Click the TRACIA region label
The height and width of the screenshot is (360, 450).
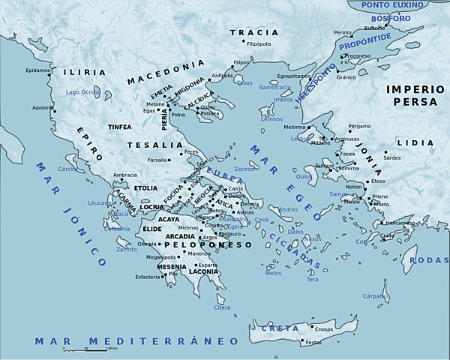coord(253,33)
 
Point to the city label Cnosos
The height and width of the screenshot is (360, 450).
coord(324,328)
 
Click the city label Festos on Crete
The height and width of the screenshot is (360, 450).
coord(313,343)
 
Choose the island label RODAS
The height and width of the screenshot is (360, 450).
coord(431,260)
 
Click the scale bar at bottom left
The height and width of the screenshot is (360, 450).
coord(91,348)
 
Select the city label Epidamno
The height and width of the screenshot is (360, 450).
coord(37,70)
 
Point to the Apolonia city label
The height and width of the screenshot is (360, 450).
coord(43,107)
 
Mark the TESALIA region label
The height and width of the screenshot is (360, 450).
coord(155,145)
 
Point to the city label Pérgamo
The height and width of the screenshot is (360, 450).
coord(359,126)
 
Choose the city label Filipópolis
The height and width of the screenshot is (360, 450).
coord(253,44)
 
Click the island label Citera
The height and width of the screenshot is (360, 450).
coord(223,307)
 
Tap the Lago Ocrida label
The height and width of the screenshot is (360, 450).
coord(82,91)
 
